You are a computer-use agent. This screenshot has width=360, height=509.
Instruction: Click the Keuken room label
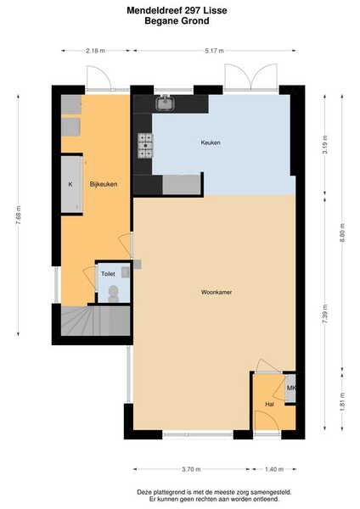pyautogui.click(x=211, y=143)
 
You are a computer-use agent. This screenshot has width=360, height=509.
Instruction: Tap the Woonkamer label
pyautogui.click(x=217, y=292)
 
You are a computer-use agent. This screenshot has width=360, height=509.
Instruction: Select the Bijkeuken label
pyautogui.click(x=104, y=184)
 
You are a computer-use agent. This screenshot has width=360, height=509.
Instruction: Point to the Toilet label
pyautogui.click(x=108, y=274)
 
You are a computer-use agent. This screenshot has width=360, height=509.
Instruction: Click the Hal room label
pyautogui.click(x=269, y=404)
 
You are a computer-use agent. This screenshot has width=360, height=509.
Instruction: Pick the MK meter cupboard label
pyautogui.click(x=291, y=388)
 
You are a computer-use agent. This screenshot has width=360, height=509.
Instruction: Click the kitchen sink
pyautogui.click(x=166, y=103)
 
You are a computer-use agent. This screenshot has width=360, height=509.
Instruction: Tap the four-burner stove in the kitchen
pyautogui.click(x=145, y=146)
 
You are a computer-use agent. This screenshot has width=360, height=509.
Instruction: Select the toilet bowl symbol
pyautogui.click(x=114, y=294)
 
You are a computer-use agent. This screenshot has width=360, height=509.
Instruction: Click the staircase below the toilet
pyautogui.click(x=96, y=321)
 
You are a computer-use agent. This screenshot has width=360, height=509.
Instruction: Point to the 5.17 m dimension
pyautogui.click(x=215, y=51)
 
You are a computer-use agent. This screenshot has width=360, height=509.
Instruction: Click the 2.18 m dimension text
pyautogui.click(x=96, y=51)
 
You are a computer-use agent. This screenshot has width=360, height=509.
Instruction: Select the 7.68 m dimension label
pyautogui.click(x=18, y=215)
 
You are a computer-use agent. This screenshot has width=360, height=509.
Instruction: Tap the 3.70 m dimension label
pyautogui.click(x=191, y=469)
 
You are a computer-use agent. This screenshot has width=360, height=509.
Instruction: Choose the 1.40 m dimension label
pyautogui.click(x=274, y=469)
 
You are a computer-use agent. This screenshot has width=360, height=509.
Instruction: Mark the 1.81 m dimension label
pyautogui.click(x=342, y=402)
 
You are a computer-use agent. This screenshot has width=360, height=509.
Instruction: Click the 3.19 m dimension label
pyautogui.click(x=325, y=144)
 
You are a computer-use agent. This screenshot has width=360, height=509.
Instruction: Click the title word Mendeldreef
pyautogui.click(x=155, y=10)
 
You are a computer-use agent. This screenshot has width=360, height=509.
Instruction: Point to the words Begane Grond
pyautogui.click(x=177, y=21)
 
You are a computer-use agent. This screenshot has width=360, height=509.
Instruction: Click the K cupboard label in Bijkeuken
pyautogui.click(x=70, y=184)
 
